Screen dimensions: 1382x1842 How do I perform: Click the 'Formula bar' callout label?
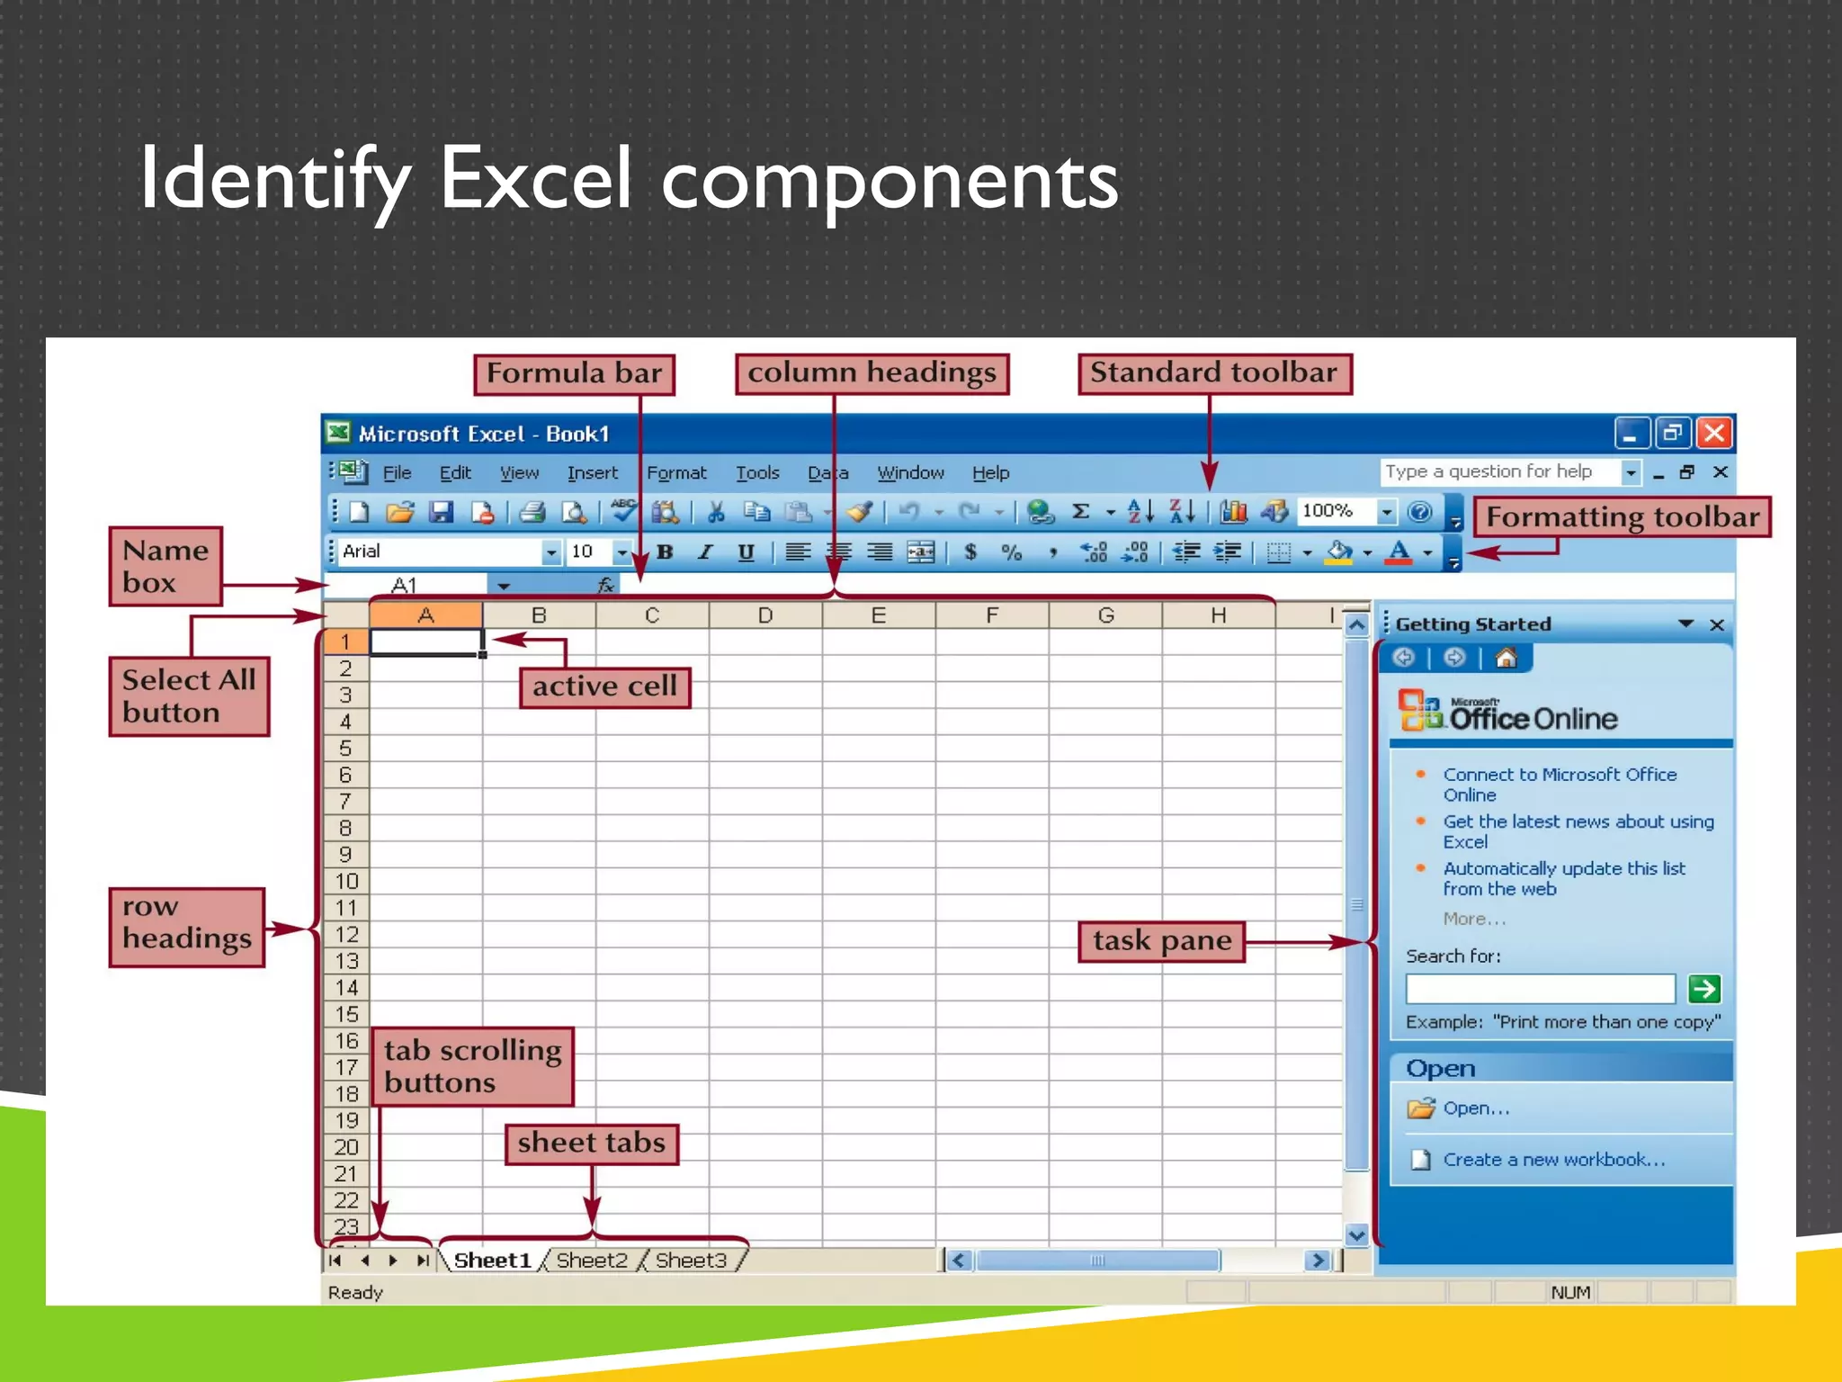coord(574,373)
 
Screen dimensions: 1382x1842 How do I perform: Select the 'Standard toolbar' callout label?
coord(1214,373)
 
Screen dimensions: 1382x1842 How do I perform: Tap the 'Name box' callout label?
coord(165,566)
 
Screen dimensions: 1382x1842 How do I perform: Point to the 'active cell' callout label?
coord(604,687)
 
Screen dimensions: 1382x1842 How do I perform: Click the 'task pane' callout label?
coord(1161,941)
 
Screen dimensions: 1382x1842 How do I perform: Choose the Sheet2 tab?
coord(591,1260)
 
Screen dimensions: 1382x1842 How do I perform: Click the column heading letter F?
coord(991,615)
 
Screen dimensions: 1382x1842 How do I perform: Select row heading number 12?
coord(346,934)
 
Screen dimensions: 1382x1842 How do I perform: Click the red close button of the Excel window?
coord(1714,434)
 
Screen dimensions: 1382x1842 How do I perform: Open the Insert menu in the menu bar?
coord(592,473)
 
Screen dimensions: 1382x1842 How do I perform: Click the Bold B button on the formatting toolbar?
coord(665,552)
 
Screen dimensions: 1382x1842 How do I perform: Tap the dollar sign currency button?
coord(970,552)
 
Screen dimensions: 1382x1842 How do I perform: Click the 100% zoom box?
coord(1335,511)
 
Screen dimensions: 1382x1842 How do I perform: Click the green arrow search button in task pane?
coord(1703,989)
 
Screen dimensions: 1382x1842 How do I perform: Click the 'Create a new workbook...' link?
coord(1553,1160)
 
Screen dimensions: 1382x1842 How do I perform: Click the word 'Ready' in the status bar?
coord(355,1292)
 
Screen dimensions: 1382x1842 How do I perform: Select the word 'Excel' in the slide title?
coord(534,180)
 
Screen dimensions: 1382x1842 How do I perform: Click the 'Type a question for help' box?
coord(1500,471)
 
